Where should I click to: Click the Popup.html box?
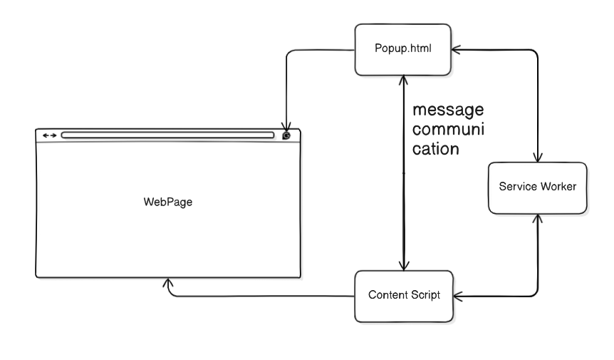pos(404,48)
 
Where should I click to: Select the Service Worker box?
pos(537,187)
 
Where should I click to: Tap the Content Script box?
pos(403,295)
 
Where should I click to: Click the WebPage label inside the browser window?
pos(168,202)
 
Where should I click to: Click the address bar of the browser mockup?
pos(167,135)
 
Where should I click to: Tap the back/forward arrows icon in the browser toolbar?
pos(49,135)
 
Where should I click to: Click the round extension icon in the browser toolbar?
pos(286,135)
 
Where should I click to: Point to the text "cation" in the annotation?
pos(436,150)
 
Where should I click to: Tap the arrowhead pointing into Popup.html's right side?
pos(457,50)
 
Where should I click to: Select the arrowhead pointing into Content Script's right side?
pos(457,294)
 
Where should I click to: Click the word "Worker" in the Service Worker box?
pos(560,187)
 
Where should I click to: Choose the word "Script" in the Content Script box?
pos(423,295)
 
